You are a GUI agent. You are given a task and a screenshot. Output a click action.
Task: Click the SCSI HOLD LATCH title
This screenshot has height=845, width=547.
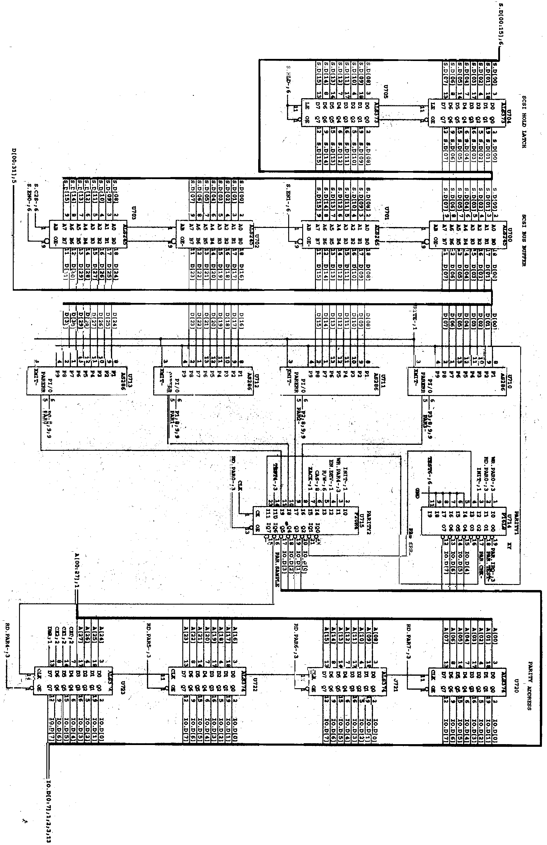tap(524, 121)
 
